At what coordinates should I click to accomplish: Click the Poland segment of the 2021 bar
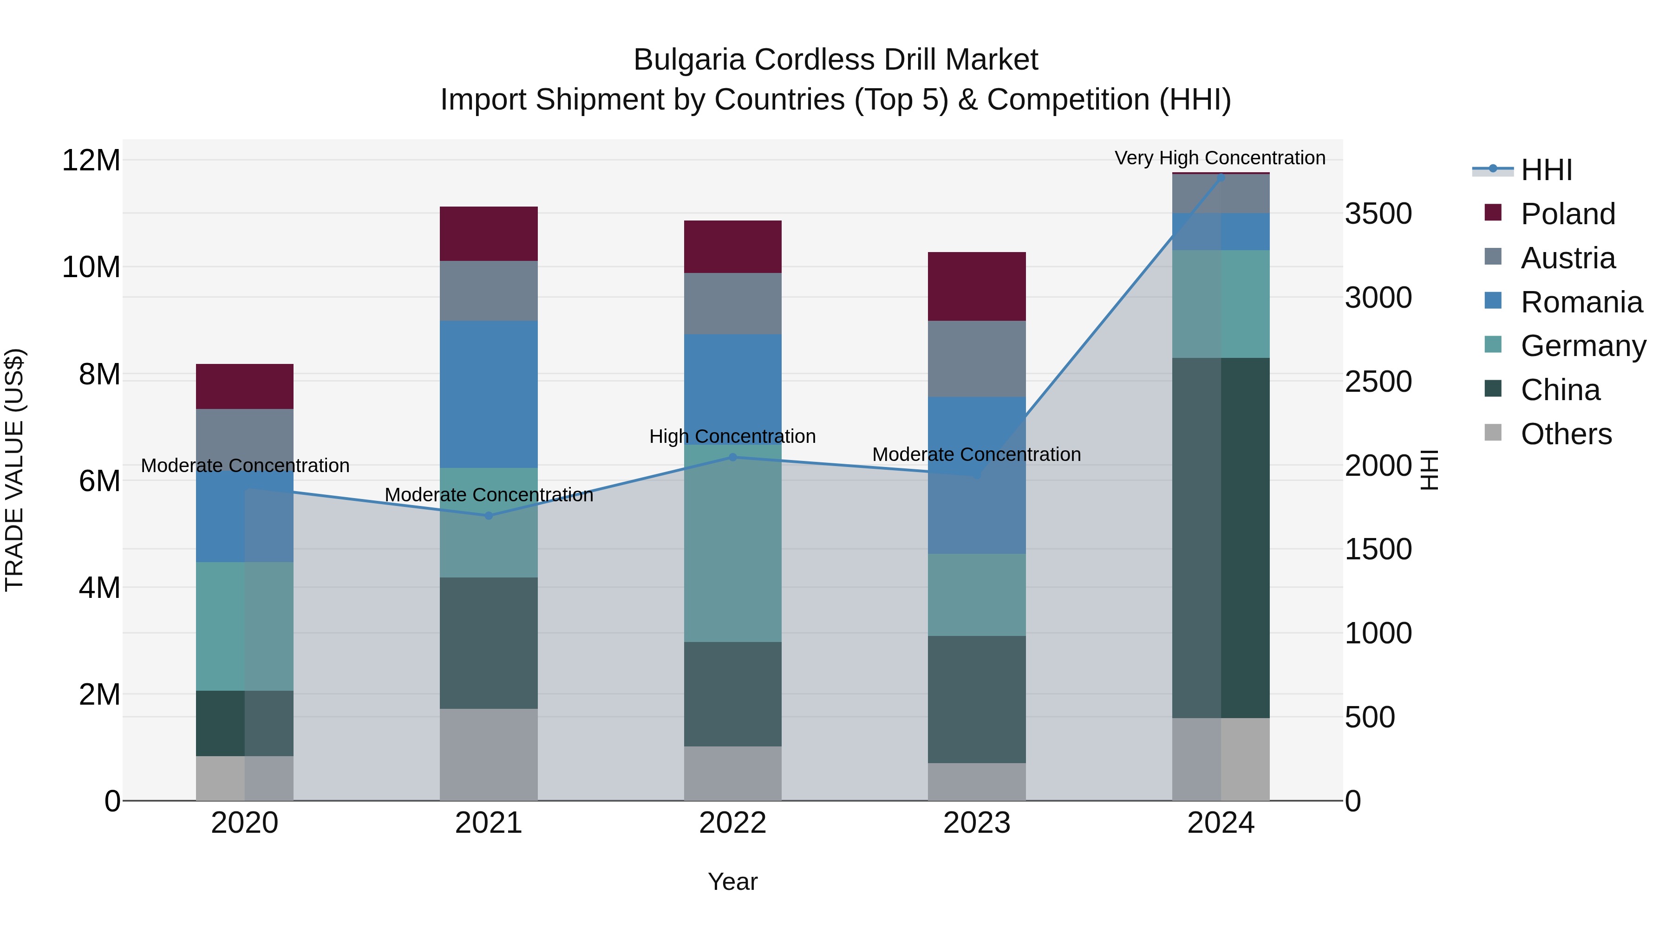coord(489,233)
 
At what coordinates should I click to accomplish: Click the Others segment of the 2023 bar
coord(976,781)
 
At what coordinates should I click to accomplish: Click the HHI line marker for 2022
coord(733,457)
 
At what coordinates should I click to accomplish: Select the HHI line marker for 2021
coord(489,516)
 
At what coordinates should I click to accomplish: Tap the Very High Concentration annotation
coord(1220,158)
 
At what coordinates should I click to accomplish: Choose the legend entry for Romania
coord(1581,302)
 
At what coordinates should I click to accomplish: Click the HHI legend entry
coord(1546,170)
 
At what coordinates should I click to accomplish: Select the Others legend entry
coord(1566,434)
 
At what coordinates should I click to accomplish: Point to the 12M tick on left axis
coord(91,160)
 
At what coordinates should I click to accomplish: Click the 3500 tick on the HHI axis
coord(1378,214)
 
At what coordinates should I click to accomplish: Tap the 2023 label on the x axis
coord(976,823)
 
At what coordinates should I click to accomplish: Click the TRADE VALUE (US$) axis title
coord(14,470)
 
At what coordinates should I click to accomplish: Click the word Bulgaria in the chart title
coord(689,60)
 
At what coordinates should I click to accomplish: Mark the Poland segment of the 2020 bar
coord(245,386)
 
